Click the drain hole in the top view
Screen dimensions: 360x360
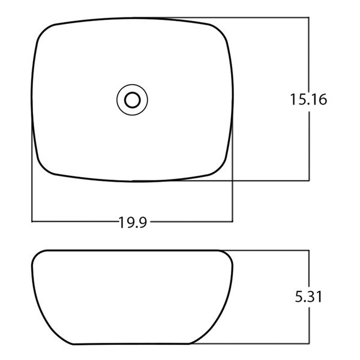pyautogui.click(x=132, y=99)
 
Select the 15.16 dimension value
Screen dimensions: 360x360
pyautogui.click(x=308, y=100)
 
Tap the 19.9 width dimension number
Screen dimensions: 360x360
pyautogui.click(x=133, y=223)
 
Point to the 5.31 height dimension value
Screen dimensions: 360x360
pyautogui.click(x=308, y=297)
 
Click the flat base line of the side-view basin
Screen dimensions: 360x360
pyautogui.click(x=132, y=344)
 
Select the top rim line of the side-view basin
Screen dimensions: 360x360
pyautogui.click(x=132, y=250)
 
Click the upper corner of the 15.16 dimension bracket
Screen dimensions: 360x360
pyautogui.click(x=308, y=18)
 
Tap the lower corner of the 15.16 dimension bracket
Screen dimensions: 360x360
pyautogui.click(x=308, y=180)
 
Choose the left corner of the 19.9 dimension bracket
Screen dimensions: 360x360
pyautogui.click(x=32, y=222)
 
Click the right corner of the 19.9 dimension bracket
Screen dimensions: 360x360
pyautogui.click(x=232, y=222)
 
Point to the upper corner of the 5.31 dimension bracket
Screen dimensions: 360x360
pyautogui.click(x=308, y=251)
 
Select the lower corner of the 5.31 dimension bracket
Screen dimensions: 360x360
pyautogui.click(x=308, y=344)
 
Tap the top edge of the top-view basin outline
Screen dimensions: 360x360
pyautogui.click(x=132, y=18)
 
